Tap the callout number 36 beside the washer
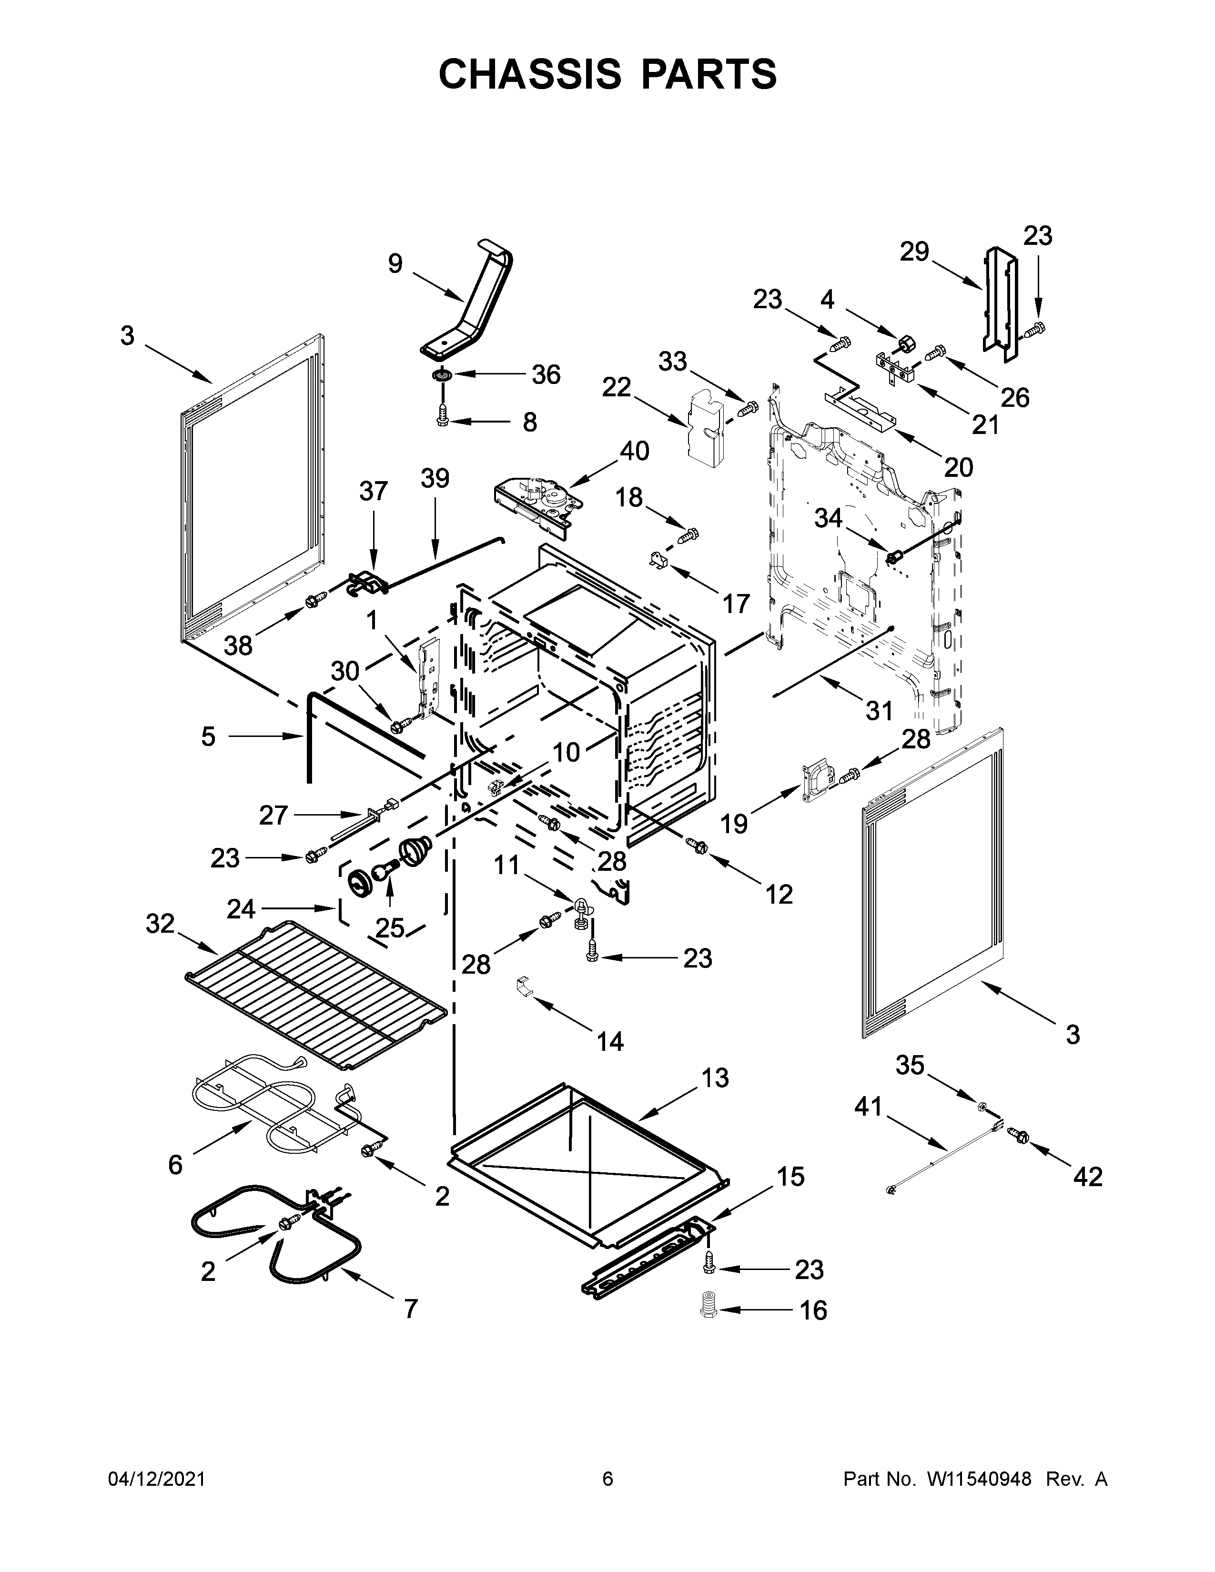pyautogui.click(x=546, y=374)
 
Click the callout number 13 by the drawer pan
pyautogui.click(x=714, y=1078)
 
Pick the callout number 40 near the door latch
pyautogui.click(x=634, y=451)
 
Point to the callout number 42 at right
pyautogui.click(x=1088, y=1176)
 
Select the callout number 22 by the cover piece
pyautogui.click(x=616, y=387)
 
